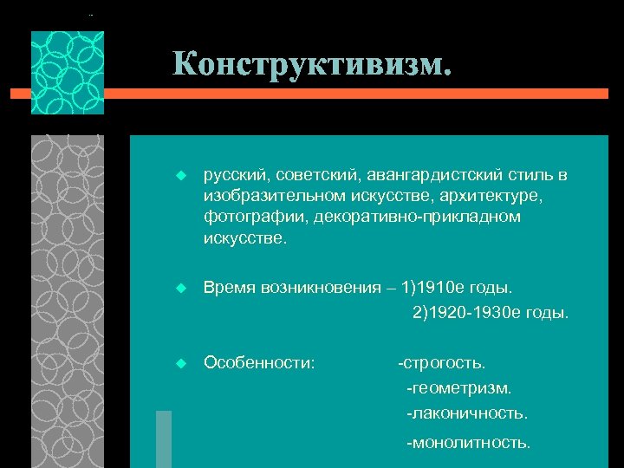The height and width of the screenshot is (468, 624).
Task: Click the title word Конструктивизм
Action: pyautogui.click(x=311, y=63)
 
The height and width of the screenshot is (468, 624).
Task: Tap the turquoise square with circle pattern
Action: pyautogui.click(x=68, y=73)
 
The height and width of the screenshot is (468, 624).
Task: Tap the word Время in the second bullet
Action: pyautogui.click(x=227, y=287)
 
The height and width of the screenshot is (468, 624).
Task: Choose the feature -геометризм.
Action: pyautogui.click(x=459, y=387)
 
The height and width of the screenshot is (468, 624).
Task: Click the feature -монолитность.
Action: pyautogui.click(x=469, y=442)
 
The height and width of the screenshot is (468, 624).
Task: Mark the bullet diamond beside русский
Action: pyautogui.click(x=180, y=176)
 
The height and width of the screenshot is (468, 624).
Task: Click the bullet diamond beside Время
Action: pyautogui.click(x=180, y=287)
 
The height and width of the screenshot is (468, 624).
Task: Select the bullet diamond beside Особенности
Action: pyautogui.click(x=180, y=361)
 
